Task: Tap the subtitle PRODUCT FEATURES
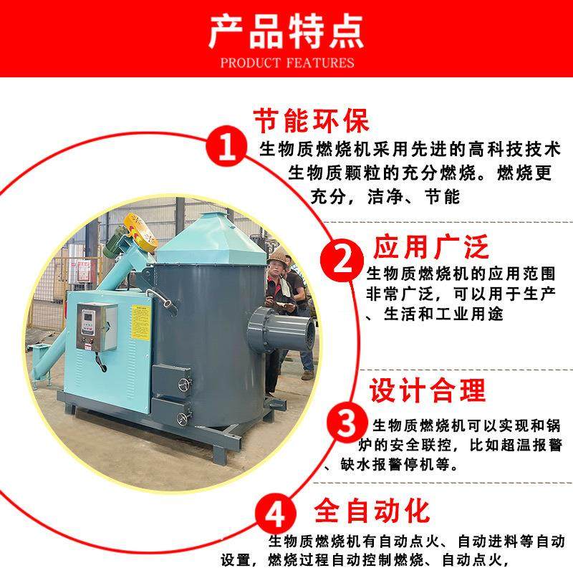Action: click(286, 62)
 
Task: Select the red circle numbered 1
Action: click(226, 149)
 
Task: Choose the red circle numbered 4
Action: click(280, 514)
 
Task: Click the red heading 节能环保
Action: click(312, 120)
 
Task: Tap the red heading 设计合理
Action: click(428, 390)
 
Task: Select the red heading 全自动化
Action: click(372, 511)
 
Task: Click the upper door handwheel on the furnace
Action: click(188, 382)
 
